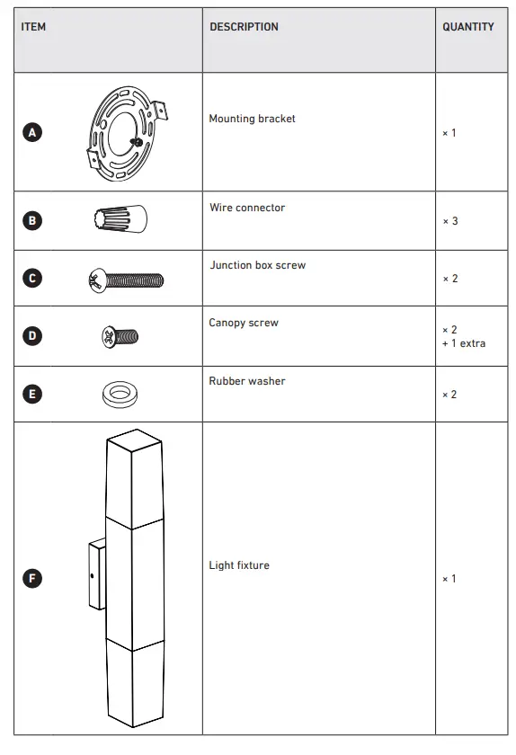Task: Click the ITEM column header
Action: click(33, 27)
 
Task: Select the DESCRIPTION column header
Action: click(244, 27)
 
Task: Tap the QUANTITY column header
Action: click(467, 27)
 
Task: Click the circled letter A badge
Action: click(32, 133)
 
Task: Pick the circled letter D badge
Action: click(32, 336)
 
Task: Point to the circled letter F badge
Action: click(32, 578)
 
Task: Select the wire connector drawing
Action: click(120, 219)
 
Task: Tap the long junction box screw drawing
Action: click(125, 280)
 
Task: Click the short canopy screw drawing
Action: click(120, 337)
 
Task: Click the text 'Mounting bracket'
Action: click(252, 119)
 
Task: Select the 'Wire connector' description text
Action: click(247, 208)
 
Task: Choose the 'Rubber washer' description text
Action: click(247, 381)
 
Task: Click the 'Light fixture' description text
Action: click(239, 565)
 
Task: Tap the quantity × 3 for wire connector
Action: click(449, 221)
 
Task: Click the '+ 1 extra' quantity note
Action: click(464, 343)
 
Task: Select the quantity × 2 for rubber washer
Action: click(449, 395)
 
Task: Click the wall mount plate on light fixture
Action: click(95, 576)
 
